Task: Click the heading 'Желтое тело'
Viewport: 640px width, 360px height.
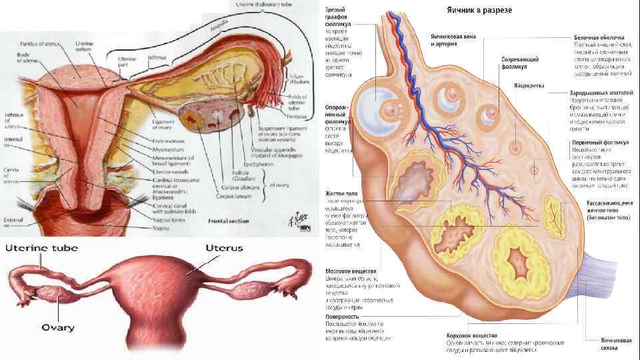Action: coord(342,193)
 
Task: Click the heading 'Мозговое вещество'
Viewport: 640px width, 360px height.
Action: coord(349,272)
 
